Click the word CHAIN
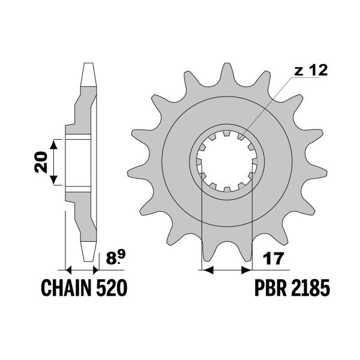click(x=65, y=287)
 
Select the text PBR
click(x=271, y=287)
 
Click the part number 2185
click(x=311, y=287)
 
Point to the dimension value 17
click(x=272, y=259)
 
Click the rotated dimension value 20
click(x=41, y=162)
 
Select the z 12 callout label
click(x=311, y=70)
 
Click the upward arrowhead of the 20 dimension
click(x=54, y=145)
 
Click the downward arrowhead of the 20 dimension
click(x=54, y=180)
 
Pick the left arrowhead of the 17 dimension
click(x=207, y=270)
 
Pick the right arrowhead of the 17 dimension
click(x=247, y=270)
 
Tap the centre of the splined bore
click(x=227, y=161)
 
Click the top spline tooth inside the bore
click(x=227, y=133)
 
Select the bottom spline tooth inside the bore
click(x=227, y=190)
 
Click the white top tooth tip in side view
click(x=89, y=74)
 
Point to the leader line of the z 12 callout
click(x=267, y=107)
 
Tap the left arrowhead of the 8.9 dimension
click(x=69, y=270)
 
